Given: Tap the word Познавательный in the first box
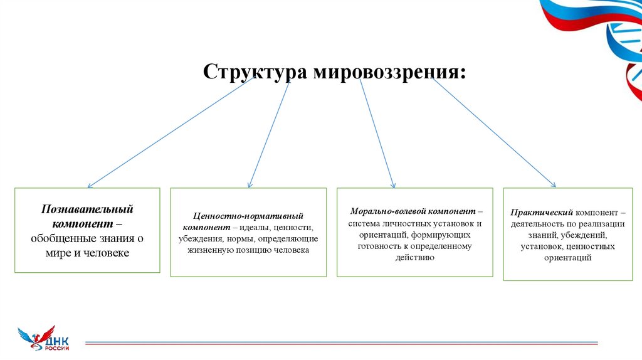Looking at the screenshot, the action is pos(87,209).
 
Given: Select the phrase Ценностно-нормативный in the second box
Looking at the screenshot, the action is pos(249,216).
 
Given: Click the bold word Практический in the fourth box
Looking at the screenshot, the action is pos(541,213).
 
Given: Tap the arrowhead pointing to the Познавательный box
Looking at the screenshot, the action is pos(90,186).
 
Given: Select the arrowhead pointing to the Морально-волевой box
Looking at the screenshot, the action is pos(393,185).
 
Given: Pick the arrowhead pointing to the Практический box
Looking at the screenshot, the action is pos(554,184).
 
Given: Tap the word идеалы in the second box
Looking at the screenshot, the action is pos(251,227).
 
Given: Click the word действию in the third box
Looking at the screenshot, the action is pos(414,258).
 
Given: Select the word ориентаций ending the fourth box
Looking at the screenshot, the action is pos(568,258).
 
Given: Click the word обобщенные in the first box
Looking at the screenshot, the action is pos(57,238).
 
